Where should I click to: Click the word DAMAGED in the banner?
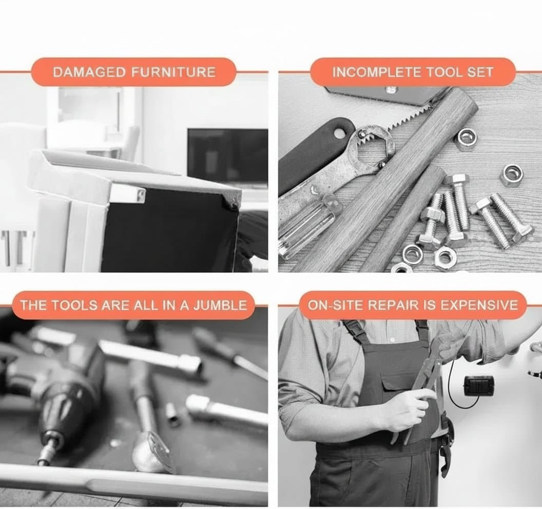[x=89, y=72]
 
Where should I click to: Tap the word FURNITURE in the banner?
[x=173, y=72]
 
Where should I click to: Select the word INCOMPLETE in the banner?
[x=376, y=72]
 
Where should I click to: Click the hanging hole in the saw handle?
[x=340, y=133]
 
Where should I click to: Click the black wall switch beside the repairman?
[x=478, y=386]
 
